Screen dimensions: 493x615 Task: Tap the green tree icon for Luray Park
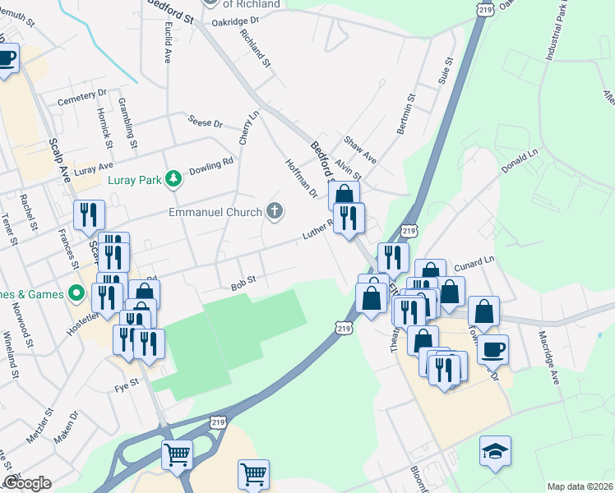[x=173, y=177]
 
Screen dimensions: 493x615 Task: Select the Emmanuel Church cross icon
[x=275, y=212]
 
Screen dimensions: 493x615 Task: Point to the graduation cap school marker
[x=495, y=451]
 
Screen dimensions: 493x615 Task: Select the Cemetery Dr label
[x=82, y=98]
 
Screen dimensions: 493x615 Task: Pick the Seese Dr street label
[x=206, y=122]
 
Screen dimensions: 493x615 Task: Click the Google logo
[x=27, y=483]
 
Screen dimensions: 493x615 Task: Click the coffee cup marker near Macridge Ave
[x=492, y=349]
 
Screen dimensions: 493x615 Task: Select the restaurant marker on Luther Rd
[x=349, y=219]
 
